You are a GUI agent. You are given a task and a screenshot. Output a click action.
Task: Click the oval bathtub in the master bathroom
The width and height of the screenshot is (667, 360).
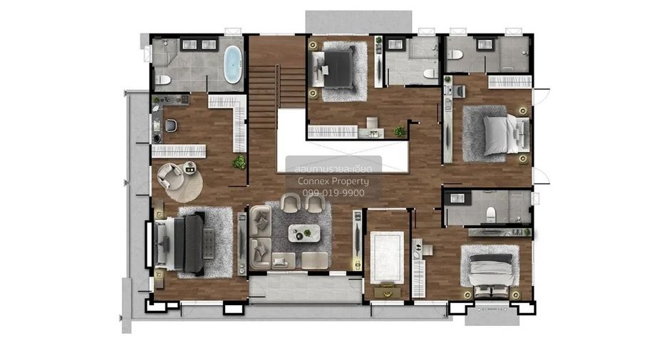(233, 64)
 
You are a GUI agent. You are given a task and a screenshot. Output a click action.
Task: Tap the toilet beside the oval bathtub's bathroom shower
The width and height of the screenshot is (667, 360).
(162, 80)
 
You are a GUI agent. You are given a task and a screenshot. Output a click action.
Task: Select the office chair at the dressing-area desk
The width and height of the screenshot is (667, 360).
(171, 125)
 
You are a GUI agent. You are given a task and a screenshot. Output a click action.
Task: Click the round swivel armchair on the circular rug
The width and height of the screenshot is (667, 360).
(170, 176)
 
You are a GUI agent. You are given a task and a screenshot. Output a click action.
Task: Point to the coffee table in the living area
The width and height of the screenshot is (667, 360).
(304, 233)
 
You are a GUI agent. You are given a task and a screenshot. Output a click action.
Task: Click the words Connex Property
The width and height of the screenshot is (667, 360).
(333, 181)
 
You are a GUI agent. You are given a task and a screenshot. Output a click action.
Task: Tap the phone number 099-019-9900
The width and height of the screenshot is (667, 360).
(333, 192)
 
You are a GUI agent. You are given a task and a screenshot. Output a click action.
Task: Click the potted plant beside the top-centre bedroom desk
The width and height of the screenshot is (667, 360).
(400, 131)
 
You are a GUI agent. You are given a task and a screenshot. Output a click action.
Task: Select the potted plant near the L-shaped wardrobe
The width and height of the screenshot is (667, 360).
(239, 162)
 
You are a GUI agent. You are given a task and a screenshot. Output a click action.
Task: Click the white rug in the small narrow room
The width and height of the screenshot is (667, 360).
(387, 257)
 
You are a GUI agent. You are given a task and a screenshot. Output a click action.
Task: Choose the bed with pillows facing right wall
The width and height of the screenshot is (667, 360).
(507, 135)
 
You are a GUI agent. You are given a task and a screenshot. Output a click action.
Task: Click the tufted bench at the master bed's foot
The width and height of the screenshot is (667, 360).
(208, 244)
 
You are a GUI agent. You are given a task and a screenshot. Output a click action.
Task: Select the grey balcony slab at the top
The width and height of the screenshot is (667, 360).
(358, 21)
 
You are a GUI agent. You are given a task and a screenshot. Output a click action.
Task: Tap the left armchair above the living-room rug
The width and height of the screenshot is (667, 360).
(291, 202)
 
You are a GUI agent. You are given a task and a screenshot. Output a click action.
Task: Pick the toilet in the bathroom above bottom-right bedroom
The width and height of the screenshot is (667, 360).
(491, 214)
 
